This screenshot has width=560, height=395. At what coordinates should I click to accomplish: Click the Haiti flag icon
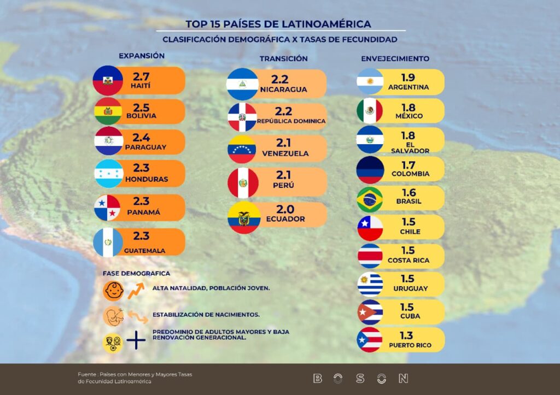pos(107,80)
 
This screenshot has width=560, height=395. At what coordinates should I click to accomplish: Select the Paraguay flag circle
pos(108,141)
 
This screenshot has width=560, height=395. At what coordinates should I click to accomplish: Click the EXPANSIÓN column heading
pos(142,56)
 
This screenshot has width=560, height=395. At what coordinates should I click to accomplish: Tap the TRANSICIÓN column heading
pos(283,58)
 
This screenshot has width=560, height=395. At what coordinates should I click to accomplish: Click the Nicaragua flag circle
pos(242,84)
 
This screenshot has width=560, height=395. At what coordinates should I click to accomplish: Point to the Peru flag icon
pos(242,183)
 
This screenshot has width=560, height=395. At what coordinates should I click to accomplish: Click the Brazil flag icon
pos(370,199)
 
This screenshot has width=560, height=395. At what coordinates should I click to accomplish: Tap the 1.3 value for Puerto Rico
pos(406,335)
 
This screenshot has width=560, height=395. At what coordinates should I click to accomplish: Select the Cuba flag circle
pos(370,312)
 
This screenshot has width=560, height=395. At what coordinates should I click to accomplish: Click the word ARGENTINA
pos(408,87)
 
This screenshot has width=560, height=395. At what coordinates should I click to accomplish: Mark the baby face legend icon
pos(113,291)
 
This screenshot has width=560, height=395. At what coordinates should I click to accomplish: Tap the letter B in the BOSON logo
pos(317,378)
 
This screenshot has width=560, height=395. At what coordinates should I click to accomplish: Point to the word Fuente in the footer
pos(86,374)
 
